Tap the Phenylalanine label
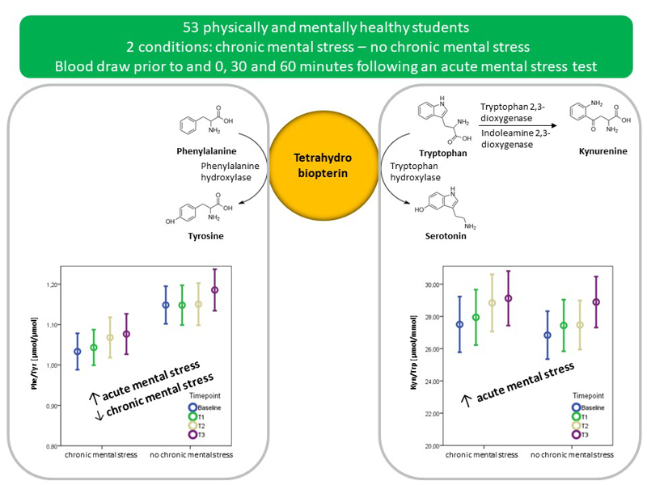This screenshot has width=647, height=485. tap(200, 151)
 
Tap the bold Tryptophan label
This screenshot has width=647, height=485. tap(444, 153)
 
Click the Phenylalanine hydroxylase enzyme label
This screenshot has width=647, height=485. tap(229, 171)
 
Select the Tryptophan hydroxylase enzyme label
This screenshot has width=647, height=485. tap(416, 171)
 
